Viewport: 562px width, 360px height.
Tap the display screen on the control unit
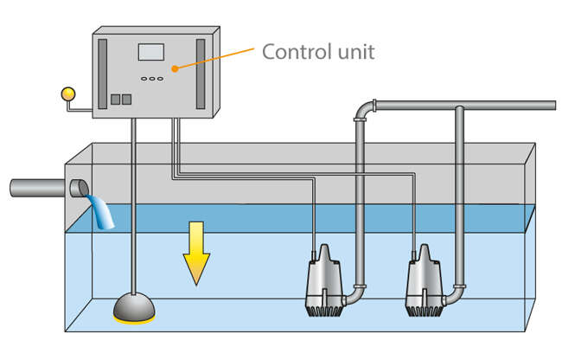point(151,52)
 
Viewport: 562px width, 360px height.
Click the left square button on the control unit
point(114,100)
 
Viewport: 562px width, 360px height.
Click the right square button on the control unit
point(126,100)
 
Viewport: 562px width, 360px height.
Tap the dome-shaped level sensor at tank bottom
point(134,306)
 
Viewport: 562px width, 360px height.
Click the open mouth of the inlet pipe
point(79,188)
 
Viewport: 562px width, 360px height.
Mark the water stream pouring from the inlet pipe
point(103,212)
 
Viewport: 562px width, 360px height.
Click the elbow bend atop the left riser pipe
point(363,111)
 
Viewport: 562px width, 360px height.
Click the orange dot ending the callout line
point(175,67)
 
